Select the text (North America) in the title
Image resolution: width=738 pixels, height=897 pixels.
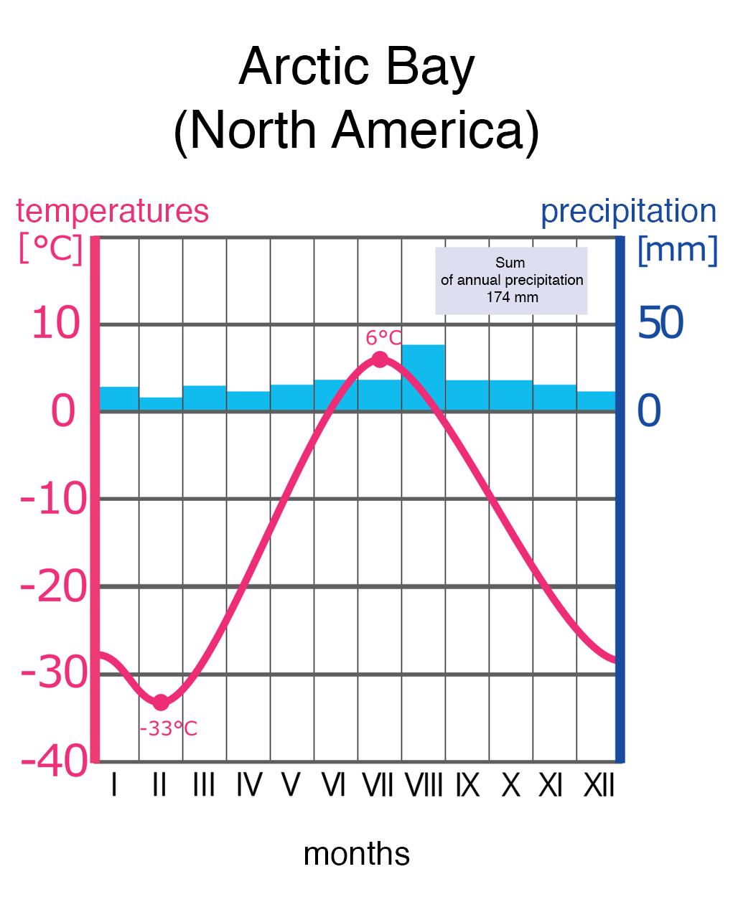356,131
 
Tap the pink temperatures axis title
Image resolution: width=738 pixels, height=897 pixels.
112,211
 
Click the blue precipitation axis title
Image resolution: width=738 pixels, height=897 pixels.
628,211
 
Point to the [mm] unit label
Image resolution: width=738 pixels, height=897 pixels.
677,250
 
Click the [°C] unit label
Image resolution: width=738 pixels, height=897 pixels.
50,250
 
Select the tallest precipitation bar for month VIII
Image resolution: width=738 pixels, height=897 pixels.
423,377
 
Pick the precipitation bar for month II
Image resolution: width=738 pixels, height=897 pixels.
161,404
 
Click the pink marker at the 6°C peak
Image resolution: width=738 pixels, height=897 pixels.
380,360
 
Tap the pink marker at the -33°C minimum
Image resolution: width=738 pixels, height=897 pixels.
161,703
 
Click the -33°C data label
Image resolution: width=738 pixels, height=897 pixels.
168,729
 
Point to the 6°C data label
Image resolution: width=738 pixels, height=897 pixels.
383,337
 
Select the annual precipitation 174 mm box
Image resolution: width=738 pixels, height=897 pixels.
511,281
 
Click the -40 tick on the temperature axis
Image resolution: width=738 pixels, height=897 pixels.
54,761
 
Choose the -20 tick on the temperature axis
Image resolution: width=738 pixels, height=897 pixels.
54,587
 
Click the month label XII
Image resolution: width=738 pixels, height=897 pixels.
599,786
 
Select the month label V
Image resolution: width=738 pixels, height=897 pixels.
290,786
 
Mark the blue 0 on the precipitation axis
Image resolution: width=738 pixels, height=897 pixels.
649,411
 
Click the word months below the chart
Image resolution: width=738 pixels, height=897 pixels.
356,854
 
